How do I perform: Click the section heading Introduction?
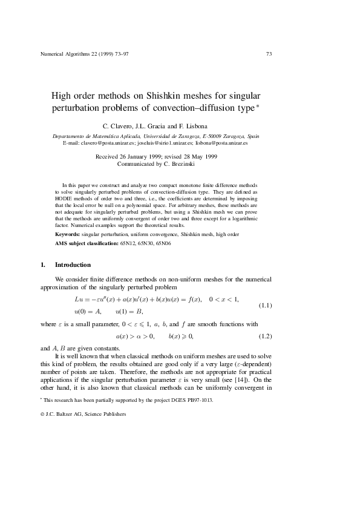tap(73, 265)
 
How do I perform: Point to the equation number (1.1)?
tap(264, 305)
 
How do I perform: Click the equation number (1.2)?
tap(264, 335)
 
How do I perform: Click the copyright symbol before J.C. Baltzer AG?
tap(42, 413)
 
